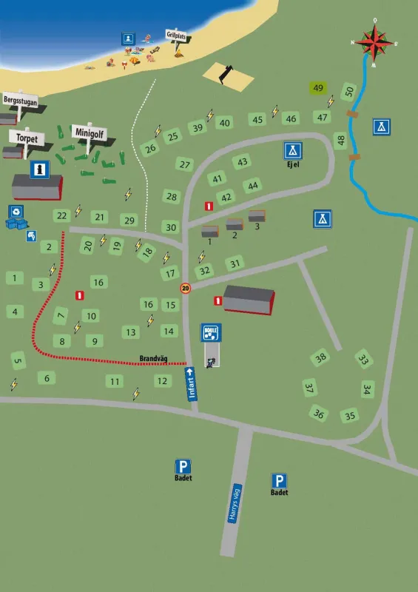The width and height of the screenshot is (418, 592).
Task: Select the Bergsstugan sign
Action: [21, 98]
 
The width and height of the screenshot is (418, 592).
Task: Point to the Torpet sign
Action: [27, 137]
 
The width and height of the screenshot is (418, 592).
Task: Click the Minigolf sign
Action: [90, 132]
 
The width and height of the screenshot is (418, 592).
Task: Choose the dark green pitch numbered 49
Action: [318, 88]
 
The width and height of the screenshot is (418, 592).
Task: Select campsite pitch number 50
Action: [349, 91]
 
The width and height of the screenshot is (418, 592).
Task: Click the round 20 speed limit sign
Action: [185, 288]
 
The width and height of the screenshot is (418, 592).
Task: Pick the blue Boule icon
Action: [211, 332]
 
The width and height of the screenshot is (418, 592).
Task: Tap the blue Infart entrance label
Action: [191, 385]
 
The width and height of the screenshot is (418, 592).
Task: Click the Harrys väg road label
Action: [235, 504]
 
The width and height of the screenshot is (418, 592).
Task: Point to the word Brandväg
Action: [152, 359]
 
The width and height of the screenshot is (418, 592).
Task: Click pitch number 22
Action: [62, 215]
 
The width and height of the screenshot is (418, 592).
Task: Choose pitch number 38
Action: [320, 357]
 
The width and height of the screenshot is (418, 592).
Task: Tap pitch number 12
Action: [162, 380]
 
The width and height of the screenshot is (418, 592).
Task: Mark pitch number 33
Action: [363, 359]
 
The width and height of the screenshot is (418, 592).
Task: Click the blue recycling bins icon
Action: [16, 215]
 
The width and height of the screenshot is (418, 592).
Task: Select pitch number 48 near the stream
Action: [340, 139]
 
